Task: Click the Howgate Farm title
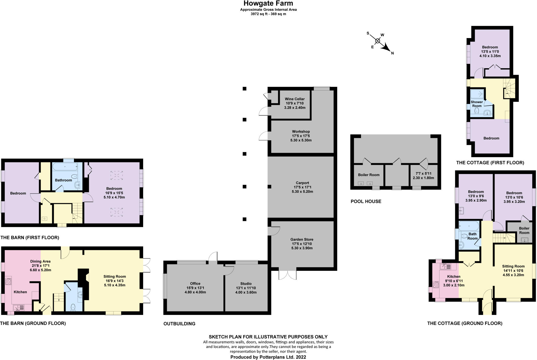coord(268,3)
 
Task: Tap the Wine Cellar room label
coord(295,99)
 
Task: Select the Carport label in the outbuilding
coord(302,183)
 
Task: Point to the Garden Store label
coord(302,239)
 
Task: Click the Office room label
coord(195,283)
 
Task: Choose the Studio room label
coord(246,283)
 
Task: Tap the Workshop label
coord(301,131)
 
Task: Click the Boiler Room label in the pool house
coord(369,175)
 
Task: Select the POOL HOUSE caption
coord(366,202)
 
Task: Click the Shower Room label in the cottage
coord(477,104)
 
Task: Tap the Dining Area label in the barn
coord(40,261)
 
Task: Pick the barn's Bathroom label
coord(63,180)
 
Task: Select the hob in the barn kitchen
coord(8,282)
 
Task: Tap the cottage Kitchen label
coord(454,277)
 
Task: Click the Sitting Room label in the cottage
coord(513,266)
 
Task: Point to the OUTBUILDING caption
coord(179,324)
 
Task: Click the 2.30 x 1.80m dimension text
coord(423,178)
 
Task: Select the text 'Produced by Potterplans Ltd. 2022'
coord(268,357)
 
